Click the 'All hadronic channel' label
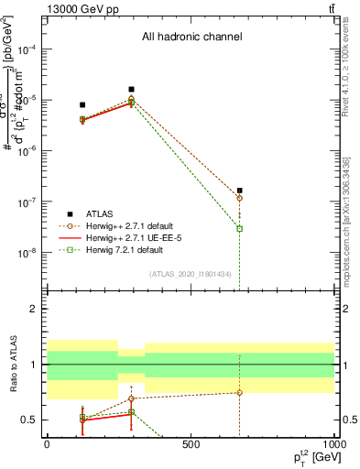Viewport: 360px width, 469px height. pyautogui.click(x=191, y=38)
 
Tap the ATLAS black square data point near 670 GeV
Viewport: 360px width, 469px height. pyautogui.click(x=240, y=191)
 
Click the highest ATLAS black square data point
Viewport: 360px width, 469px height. pyautogui.click(x=132, y=89)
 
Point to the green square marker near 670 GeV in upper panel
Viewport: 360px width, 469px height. pyautogui.click(x=240, y=228)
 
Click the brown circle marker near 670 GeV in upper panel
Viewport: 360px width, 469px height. pyautogui.click(x=240, y=198)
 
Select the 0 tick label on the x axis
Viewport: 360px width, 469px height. pyautogui.click(x=47, y=444)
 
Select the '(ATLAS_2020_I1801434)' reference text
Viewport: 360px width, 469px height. pyautogui.click(x=191, y=274)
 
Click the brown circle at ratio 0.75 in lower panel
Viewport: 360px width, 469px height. pyautogui.click(x=240, y=392)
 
